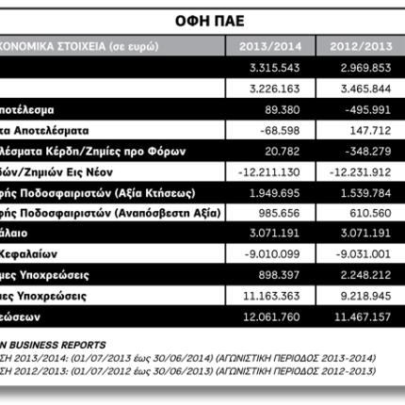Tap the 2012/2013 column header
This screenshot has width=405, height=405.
pos(359,45)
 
